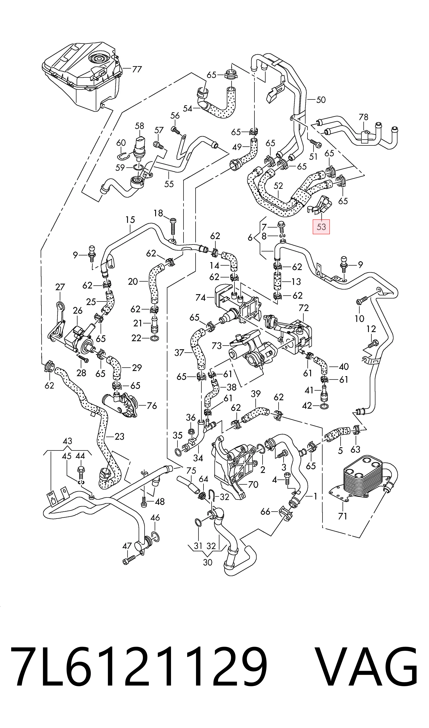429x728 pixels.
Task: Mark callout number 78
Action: pos(363,117)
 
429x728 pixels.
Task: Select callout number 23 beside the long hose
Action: pos(119,436)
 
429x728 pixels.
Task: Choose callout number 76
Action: pos(152,406)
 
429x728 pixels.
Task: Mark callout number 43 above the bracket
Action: pos(67,441)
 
